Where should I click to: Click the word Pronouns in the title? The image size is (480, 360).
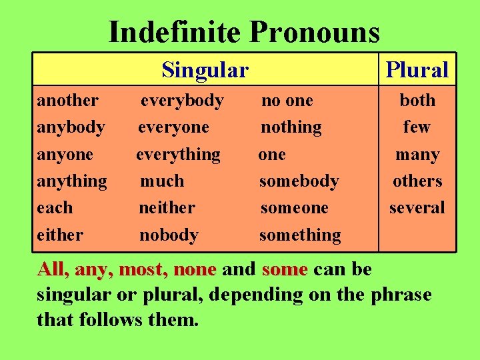click(314, 32)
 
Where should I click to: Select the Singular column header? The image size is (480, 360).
click(205, 69)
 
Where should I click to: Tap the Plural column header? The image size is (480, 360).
click(417, 69)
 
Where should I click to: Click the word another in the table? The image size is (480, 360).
click(68, 101)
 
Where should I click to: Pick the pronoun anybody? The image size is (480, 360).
click(71, 127)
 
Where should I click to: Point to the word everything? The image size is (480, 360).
click(178, 155)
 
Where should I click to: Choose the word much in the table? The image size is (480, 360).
click(162, 181)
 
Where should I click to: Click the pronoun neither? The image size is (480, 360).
click(167, 208)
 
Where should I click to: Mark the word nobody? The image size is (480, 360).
click(169, 235)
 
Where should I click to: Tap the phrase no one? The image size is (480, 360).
click(287, 101)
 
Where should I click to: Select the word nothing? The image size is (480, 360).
click(291, 127)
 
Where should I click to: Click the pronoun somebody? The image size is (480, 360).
click(299, 181)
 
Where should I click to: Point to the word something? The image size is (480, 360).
click(300, 235)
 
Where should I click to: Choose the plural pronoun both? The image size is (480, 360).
click(417, 101)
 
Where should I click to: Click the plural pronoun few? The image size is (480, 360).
click(417, 127)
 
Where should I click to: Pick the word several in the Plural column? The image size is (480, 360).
click(417, 208)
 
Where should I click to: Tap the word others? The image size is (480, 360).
click(417, 181)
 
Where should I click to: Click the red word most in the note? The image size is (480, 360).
click(143, 270)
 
